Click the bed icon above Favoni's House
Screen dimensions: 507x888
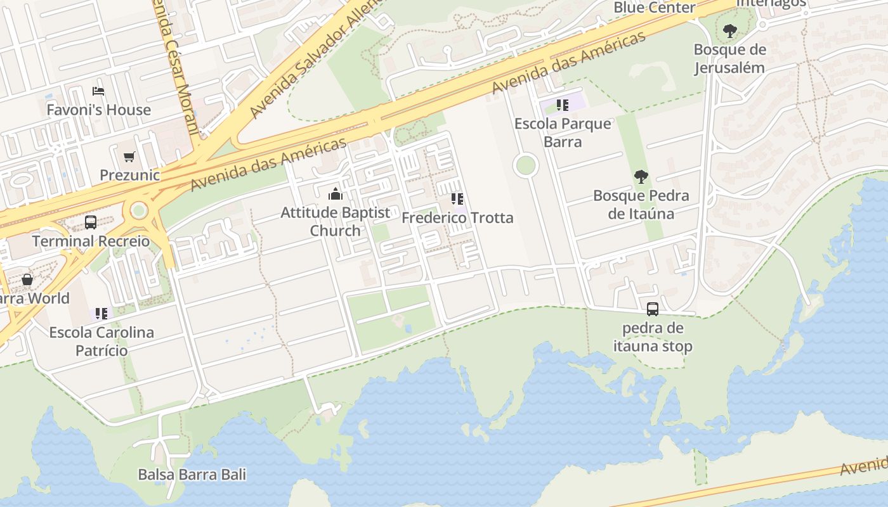click(98, 91)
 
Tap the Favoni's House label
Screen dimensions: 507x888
click(99, 110)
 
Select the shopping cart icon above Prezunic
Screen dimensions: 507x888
click(129, 157)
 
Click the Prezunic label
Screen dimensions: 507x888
click(129, 175)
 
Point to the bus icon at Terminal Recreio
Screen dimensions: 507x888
click(91, 222)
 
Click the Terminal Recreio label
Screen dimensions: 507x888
click(91, 241)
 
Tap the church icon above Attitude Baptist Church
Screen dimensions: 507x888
click(336, 194)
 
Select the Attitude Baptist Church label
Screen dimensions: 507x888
click(336, 221)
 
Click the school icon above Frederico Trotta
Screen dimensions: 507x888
click(457, 199)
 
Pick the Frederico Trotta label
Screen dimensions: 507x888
click(457, 218)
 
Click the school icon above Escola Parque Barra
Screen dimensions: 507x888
click(563, 105)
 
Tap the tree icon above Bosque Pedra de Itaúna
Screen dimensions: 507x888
click(641, 177)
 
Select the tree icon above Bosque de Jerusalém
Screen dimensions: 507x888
click(730, 30)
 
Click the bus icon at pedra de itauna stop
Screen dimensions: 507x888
click(653, 309)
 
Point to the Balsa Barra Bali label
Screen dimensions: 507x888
click(192, 474)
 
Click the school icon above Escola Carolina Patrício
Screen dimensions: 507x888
click(101, 313)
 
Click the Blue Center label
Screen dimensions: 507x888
click(655, 8)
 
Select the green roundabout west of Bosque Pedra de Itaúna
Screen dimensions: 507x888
click(525, 166)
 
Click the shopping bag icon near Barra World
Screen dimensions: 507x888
click(27, 279)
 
